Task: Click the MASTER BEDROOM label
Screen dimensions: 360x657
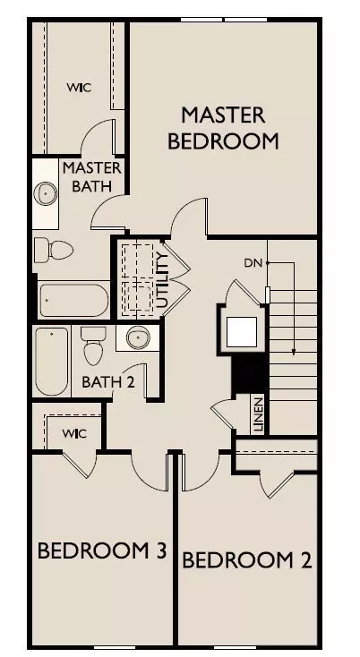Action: (223, 128)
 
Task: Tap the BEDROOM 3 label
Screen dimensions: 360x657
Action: (102, 550)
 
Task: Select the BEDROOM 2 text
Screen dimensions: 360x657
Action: (247, 560)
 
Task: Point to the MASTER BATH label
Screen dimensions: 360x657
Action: (92, 177)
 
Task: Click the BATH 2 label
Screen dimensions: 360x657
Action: (108, 381)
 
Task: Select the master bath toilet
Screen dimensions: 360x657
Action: (54, 250)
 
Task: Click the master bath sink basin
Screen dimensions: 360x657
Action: (46, 193)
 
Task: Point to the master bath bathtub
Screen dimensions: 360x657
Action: (74, 300)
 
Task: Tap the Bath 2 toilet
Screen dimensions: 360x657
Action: (93, 346)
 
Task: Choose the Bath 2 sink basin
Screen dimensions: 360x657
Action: (138, 337)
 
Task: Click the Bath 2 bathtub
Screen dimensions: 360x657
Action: (52, 362)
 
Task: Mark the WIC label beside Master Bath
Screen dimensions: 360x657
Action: (79, 88)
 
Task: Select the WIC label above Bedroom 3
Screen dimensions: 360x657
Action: (74, 433)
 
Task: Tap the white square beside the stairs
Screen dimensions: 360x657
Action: (242, 332)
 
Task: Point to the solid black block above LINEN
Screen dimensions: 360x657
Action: (250, 372)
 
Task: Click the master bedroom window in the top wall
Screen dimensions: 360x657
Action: (224, 20)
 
